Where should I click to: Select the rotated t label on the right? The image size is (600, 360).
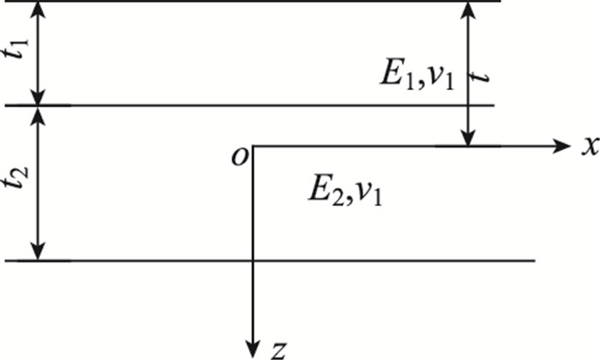[x=485, y=75]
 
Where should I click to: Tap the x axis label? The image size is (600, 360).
[x=588, y=147]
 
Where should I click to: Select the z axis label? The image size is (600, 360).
[x=276, y=349]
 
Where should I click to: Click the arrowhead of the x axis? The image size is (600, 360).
[x=562, y=146]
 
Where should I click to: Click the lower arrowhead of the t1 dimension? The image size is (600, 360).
[x=37, y=96]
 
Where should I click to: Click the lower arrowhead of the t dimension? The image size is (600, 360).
[x=467, y=138]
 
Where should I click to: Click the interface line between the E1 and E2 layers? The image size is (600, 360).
[x=257, y=105]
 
